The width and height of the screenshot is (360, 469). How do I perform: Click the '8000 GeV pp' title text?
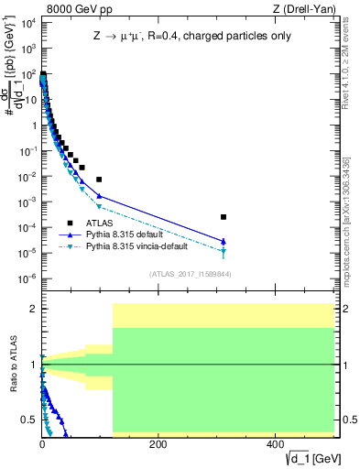(73, 9)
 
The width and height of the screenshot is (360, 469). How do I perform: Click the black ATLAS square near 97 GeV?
(99, 180)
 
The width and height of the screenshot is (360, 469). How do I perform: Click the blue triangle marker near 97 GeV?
(99, 196)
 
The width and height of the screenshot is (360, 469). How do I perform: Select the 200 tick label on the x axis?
(158, 444)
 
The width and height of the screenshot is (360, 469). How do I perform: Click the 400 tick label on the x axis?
(275, 444)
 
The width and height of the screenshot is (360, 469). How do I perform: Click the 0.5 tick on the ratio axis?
(30, 420)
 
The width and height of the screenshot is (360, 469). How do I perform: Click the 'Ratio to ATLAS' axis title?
(13, 365)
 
